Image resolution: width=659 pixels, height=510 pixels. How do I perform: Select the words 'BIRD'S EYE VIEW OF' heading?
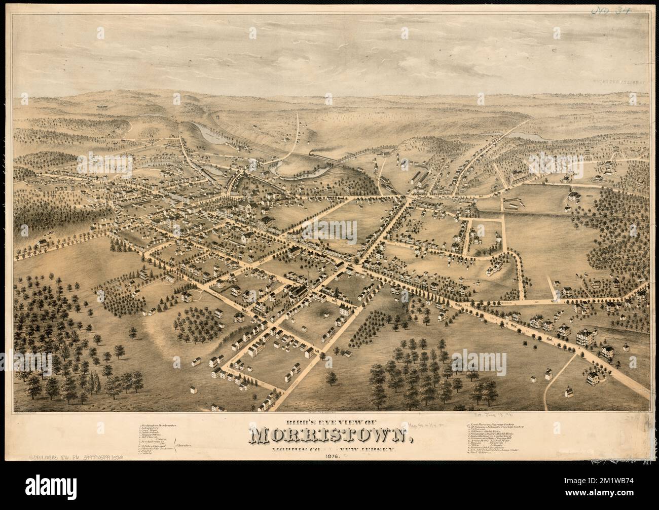329,419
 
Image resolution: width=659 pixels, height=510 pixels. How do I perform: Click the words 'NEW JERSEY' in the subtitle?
378,449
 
